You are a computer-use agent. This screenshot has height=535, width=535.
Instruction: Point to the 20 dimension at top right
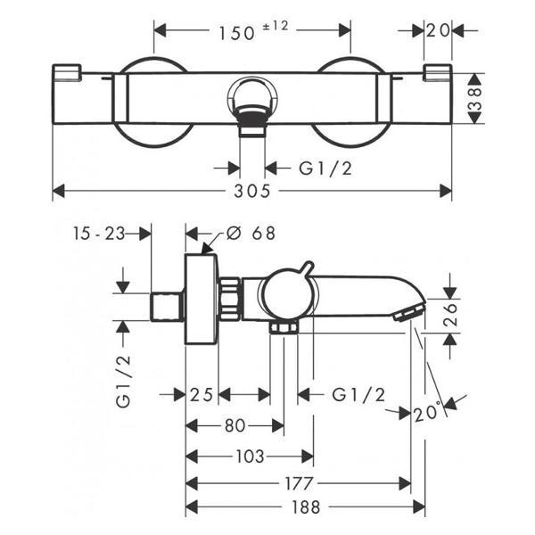coord(438,31)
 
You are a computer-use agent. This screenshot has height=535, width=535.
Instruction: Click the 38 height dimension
coord(475,98)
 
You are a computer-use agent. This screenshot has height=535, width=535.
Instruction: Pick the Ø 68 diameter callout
coord(251,234)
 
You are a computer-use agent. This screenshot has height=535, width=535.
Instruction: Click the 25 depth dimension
coord(201,395)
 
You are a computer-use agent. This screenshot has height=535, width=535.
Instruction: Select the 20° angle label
coord(426,413)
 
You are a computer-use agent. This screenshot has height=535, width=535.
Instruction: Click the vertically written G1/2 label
coord(124,381)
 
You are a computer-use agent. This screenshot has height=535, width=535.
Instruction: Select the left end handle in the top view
coord(67,73)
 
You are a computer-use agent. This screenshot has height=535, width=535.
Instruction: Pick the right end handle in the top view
coord(437,73)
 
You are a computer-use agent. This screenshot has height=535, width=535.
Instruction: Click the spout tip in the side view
coord(408,312)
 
